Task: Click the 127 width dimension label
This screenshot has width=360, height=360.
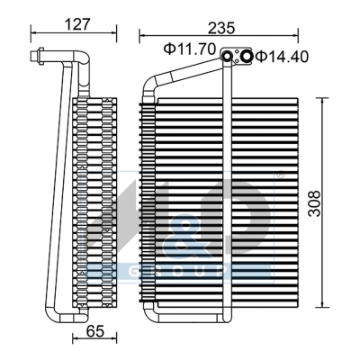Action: click(79, 24)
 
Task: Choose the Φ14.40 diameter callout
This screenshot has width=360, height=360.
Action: click(281, 57)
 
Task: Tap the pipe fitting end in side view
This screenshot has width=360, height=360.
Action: click(35, 59)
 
